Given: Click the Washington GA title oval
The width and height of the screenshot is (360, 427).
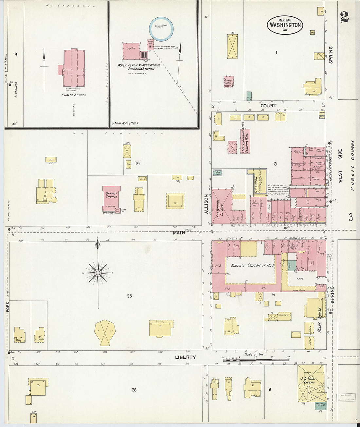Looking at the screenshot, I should point(285,25).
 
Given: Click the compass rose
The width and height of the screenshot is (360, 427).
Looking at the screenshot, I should point(98,272).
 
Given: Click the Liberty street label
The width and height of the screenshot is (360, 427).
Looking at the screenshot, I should point(185,357).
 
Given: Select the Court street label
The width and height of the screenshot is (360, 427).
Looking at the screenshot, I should point(268,106).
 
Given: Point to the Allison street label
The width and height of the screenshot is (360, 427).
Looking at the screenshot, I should point(206,204).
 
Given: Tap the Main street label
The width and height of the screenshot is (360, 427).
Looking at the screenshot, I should point(179,232).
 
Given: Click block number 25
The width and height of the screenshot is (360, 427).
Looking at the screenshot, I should point(130,296).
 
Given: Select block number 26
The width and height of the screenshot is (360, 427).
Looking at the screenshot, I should point(134,390).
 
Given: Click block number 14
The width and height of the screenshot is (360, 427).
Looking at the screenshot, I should point(137,163).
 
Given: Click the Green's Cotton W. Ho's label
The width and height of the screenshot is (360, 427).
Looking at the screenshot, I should point(252,265).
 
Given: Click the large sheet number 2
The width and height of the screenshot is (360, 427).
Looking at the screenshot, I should point(344,17).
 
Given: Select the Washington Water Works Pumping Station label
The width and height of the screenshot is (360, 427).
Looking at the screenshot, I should point(139,67).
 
